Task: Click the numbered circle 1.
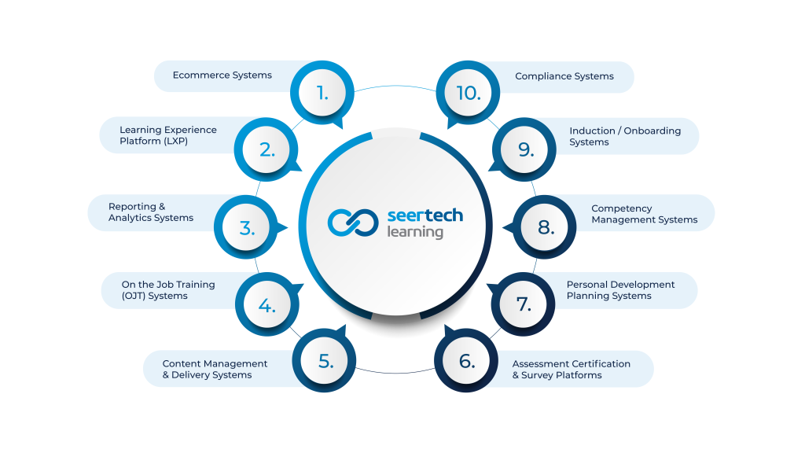(322, 93)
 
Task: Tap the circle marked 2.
(266, 149)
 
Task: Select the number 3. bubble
(246, 227)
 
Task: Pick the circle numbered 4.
(267, 304)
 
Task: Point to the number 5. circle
(324, 360)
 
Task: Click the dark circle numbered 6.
(466, 360)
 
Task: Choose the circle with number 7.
(523, 304)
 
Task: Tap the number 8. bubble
(545, 227)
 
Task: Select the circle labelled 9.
(524, 149)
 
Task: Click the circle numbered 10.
(468, 93)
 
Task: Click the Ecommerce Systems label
(222, 75)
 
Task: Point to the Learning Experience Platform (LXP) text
(168, 135)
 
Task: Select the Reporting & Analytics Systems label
(150, 212)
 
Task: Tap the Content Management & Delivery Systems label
(215, 370)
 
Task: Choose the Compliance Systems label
(564, 76)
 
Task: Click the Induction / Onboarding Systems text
(625, 137)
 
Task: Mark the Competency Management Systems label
(645, 214)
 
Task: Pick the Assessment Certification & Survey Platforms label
(571, 370)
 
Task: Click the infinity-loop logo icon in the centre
(353, 223)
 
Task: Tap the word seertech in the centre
(425, 215)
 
